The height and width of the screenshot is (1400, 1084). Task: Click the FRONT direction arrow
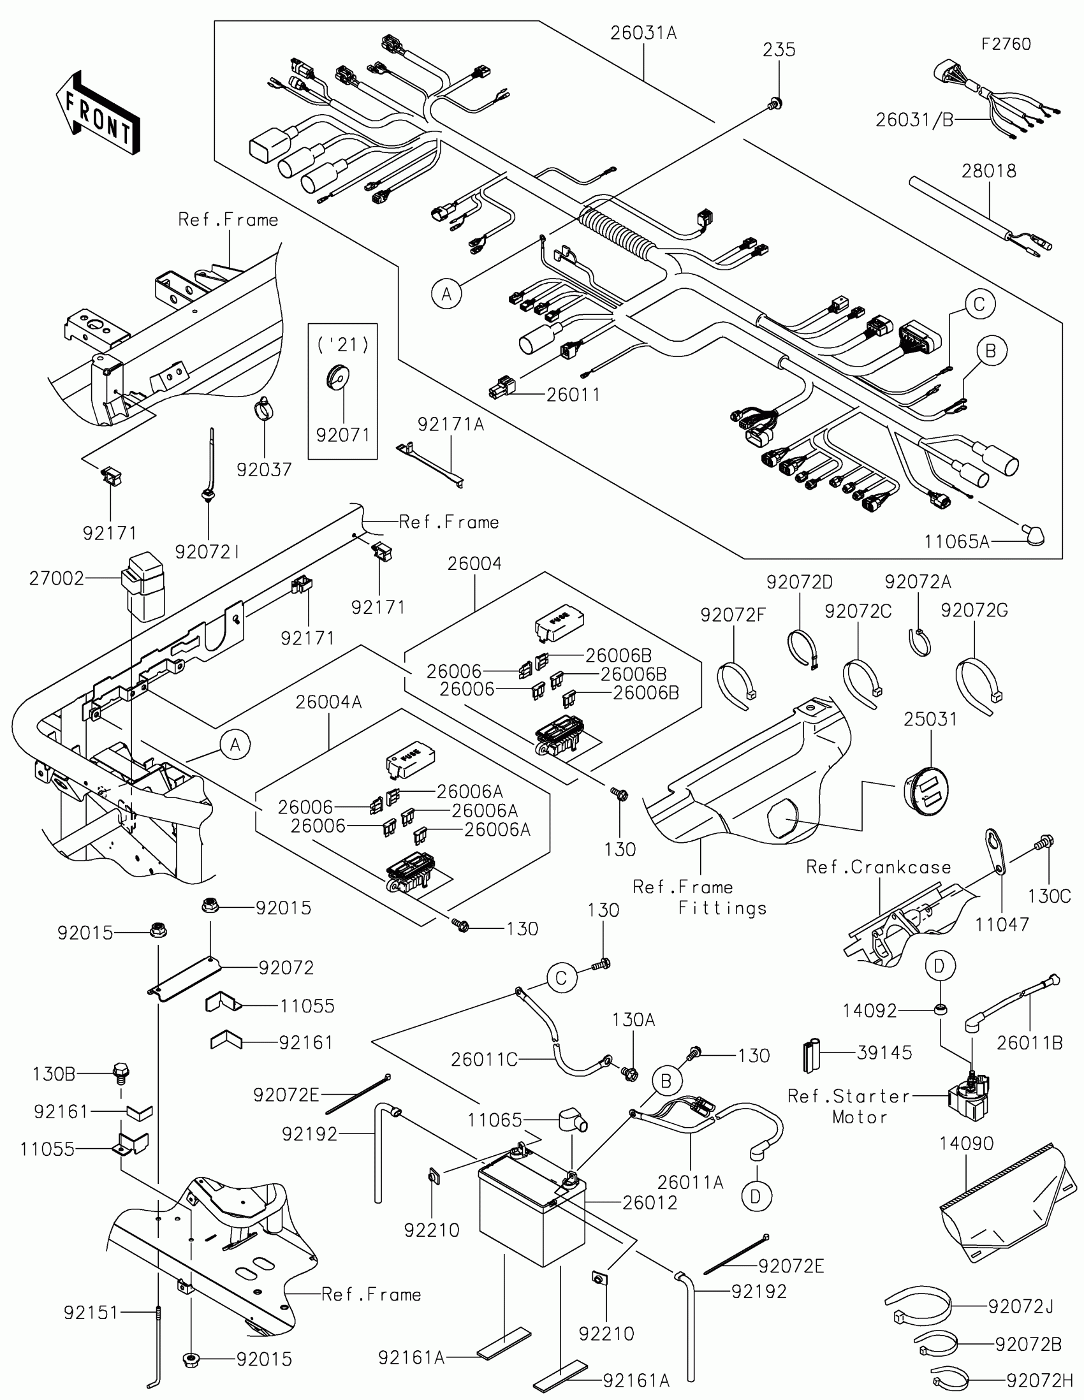[x=98, y=113]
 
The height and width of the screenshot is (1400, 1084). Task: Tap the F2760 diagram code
[x=1006, y=44]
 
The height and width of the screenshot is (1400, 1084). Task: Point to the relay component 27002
[x=143, y=586]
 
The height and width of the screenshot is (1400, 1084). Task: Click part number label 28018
[x=988, y=171]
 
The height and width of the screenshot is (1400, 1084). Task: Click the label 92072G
[x=974, y=611]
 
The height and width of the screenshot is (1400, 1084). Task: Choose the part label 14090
[x=966, y=1144]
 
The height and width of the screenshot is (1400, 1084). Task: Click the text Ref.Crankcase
[x=878, y=867]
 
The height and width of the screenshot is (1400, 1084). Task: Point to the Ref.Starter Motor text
[x=849, y=1106]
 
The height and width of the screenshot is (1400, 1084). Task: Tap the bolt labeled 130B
[x=121, y=1072]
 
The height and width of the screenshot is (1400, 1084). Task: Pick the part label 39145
[x=884, y=1053]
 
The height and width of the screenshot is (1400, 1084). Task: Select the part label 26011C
[x=483, y=1060]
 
